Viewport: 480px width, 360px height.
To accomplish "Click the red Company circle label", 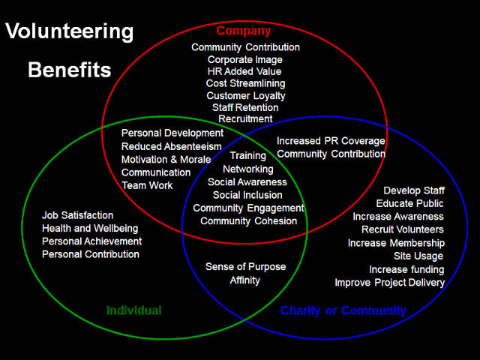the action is pos(243,31).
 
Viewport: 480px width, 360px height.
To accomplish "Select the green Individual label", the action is pos(133,310).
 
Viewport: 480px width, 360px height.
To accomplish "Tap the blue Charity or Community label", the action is pos(343,310).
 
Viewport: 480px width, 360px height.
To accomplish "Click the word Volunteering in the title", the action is pos(69,32).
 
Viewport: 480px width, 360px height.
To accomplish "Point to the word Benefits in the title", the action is pos(69,70).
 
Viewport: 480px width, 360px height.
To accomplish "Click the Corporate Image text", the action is pos(245,59).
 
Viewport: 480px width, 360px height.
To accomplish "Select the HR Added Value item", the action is pos(245,71).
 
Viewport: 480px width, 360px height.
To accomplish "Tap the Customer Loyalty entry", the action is pos(245,95).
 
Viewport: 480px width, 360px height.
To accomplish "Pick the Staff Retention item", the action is pos(245,107).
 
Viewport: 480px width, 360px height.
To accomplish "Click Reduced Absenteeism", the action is pos(172,146).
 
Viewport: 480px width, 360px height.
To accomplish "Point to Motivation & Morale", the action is pos(166,160).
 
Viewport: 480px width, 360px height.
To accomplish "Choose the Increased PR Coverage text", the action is pos(331,140).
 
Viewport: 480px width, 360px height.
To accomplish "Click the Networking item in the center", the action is pos(247,169).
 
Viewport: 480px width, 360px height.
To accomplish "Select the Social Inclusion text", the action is pos(247,195).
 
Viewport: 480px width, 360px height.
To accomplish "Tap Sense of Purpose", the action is pos(244,267).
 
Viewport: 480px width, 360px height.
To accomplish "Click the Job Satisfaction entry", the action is pos(78,215).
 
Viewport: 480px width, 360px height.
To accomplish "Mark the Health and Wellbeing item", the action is pos(90,228).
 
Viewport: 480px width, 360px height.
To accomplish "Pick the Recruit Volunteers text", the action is pos(403,229).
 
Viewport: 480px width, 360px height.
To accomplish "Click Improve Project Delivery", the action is pos(389,283).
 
